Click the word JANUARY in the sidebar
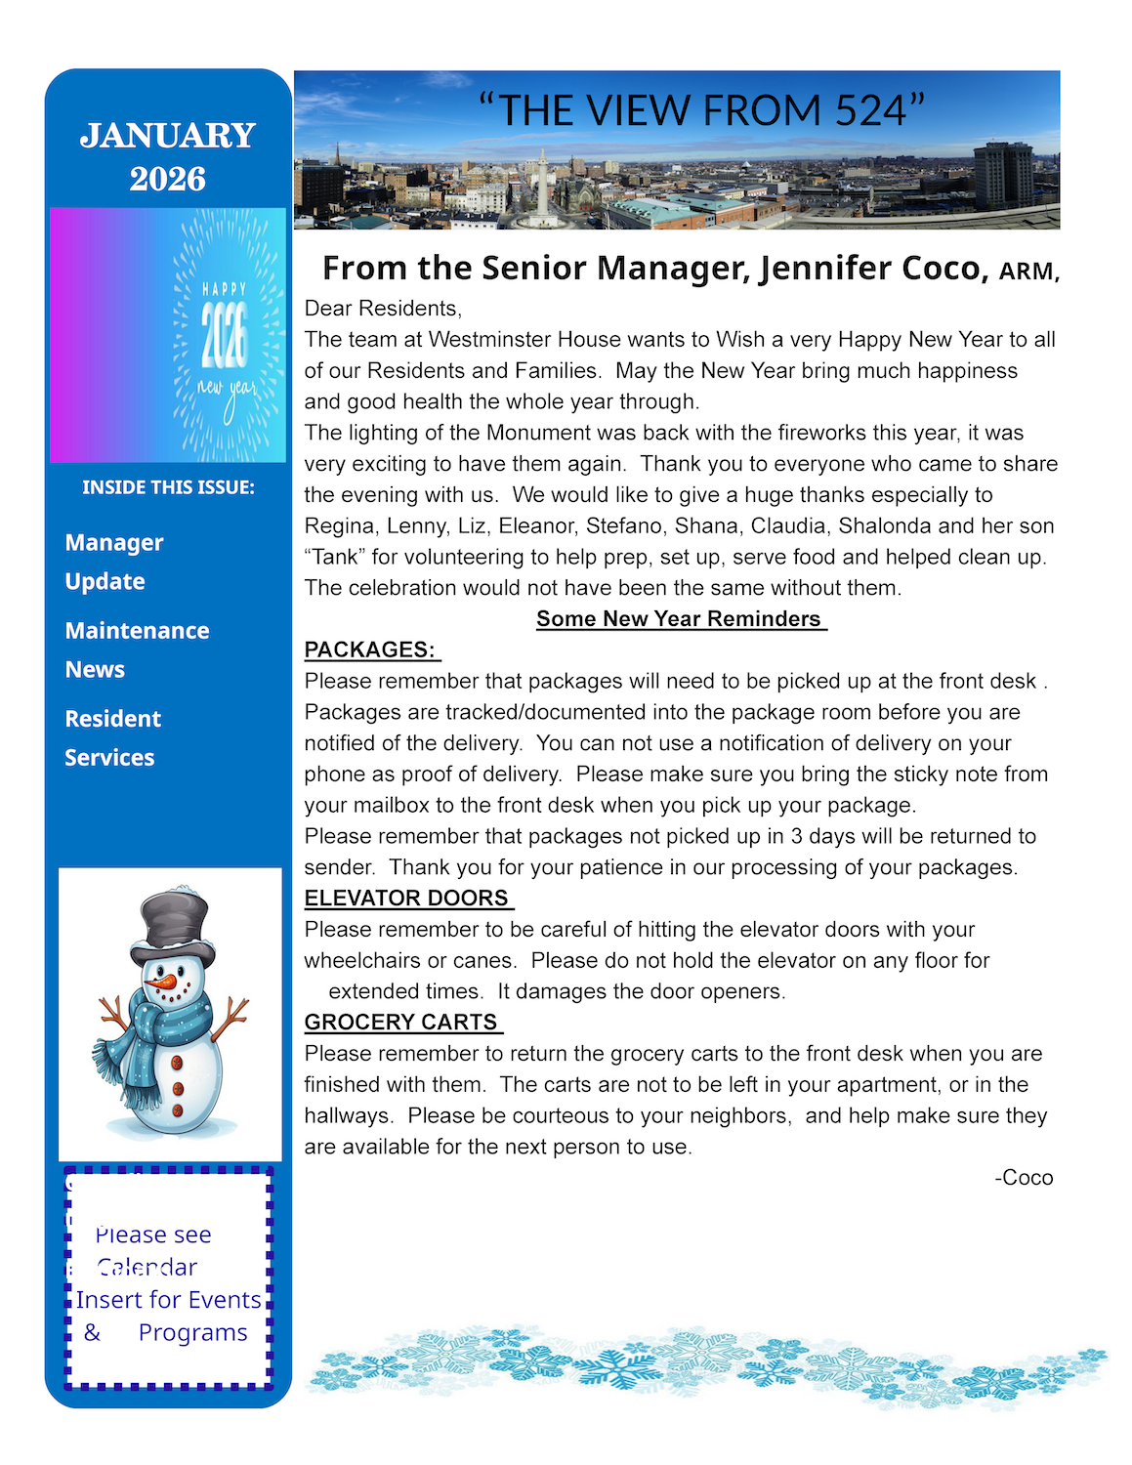click(168, 136)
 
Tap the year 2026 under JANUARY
click(168, 179)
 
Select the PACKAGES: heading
click(370, 650)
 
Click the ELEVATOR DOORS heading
click(407, 899)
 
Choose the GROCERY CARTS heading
click(401, 1023)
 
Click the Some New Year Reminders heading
click(680, 619)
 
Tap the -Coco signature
click(1024, 1178)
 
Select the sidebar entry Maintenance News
click(137, 649)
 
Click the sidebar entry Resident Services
click(112, 737)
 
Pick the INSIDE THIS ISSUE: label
click(168, 487)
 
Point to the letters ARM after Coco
click(1026, 272)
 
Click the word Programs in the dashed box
click(192, 1333)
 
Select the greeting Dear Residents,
click(383, 309)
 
